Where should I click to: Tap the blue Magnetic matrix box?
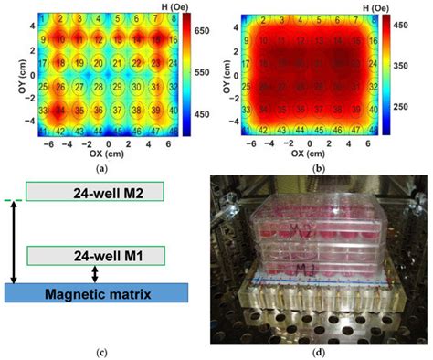click(96, 293)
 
